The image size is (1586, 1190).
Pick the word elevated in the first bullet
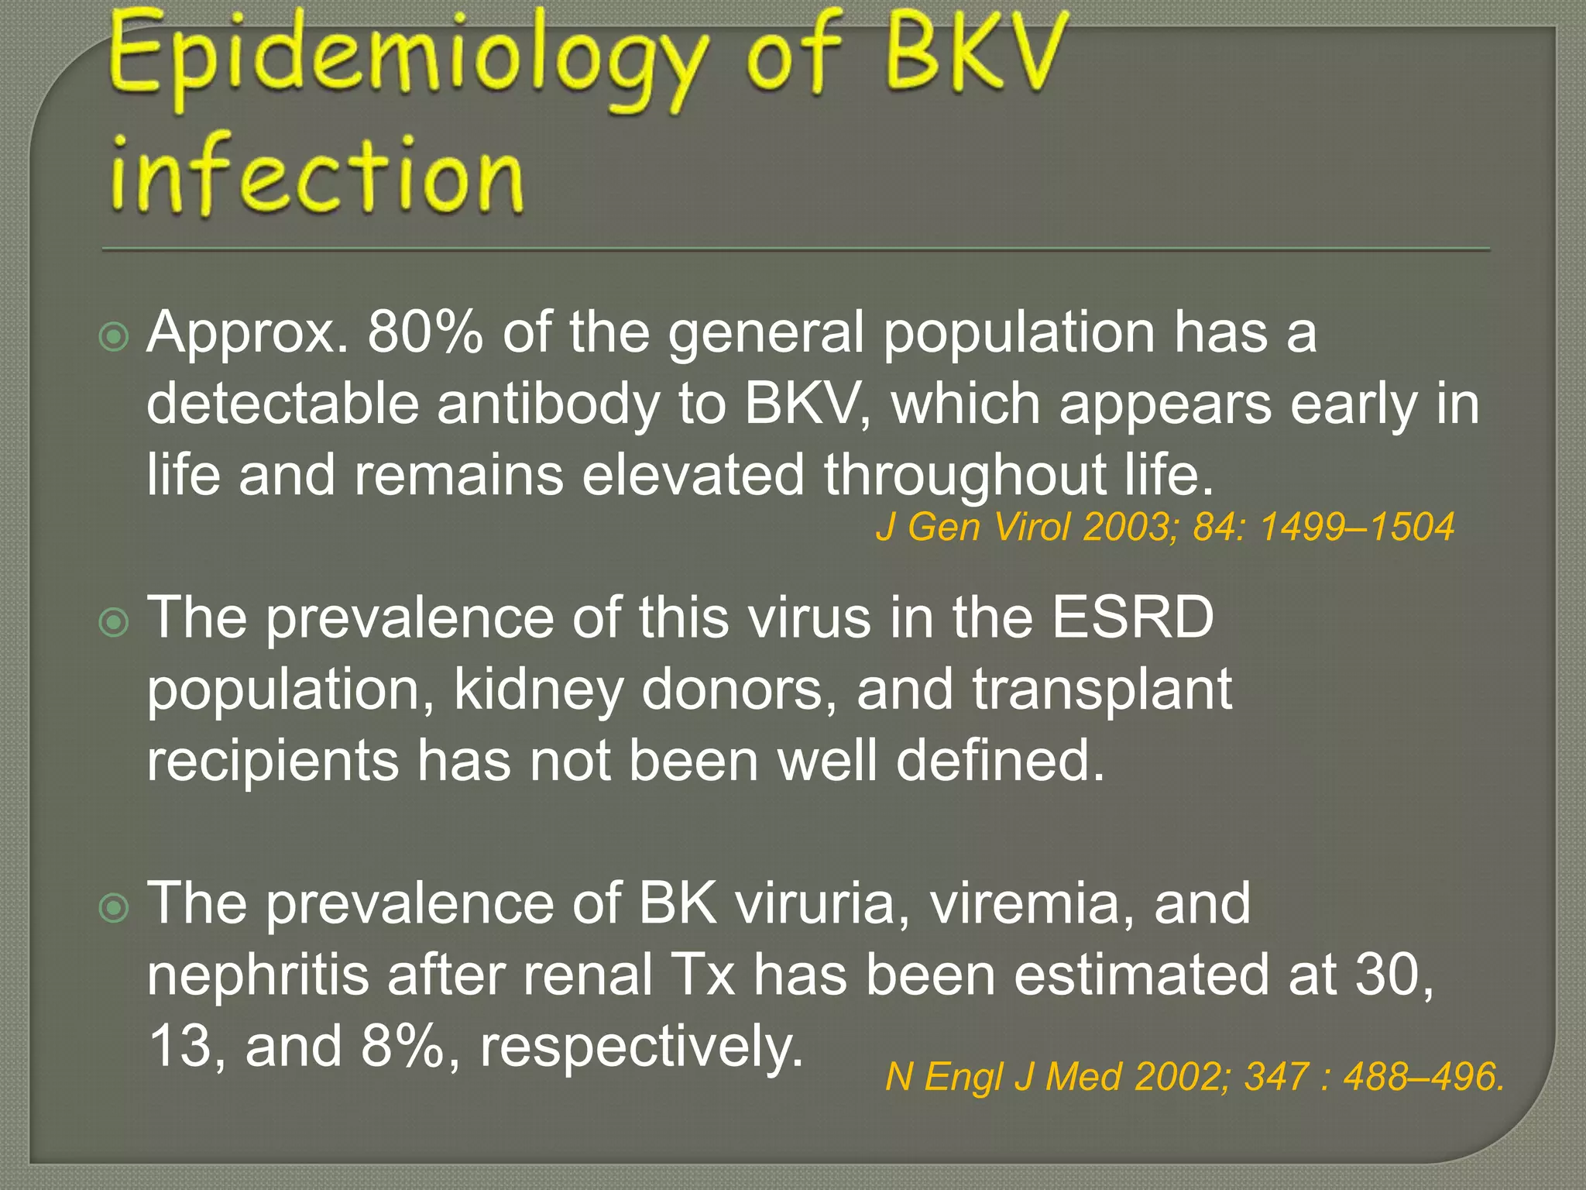(692, 474)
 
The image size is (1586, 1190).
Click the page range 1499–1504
(1357, 528)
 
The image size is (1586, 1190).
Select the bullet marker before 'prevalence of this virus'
(115, 622)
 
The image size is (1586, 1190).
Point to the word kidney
(538, 690)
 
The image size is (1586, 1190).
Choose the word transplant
(1101, 690)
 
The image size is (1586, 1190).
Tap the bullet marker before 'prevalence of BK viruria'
(115, 908)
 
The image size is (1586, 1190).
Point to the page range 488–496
(1423, 1078)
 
